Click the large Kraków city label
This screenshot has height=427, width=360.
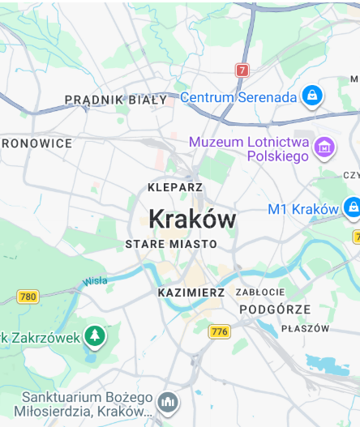[x=192, y=219]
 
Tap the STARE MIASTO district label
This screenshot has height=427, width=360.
[x=171, y=244]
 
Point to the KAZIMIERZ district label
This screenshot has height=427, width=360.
[x=191, y=292]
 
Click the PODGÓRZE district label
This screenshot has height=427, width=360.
[x=275, y=310]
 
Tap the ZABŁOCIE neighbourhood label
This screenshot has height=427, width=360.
[x=260, y=292]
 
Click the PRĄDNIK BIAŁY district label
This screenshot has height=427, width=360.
[x=115, y=100]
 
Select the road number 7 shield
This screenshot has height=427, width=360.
[x=242, y=70]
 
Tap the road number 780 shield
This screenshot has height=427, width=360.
[x=28, y=297]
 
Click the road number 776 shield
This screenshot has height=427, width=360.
[x=219, y=331]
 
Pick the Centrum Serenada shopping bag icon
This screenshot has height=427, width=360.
[x=311, y=96]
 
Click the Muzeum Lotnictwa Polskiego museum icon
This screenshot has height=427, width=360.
[x=324, y=147]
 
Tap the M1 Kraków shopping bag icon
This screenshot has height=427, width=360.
[x=352, y=207]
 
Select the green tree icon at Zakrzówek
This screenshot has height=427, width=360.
[x=95, y=335]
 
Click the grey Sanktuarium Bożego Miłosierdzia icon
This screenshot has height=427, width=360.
[x=168, y=401]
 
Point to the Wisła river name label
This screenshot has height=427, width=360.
[x=94, y=282]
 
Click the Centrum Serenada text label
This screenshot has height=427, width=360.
[x=238, y=97]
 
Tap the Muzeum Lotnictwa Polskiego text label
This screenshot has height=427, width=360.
[x=250, y=148]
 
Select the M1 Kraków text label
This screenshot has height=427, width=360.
[x=302, y=209]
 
